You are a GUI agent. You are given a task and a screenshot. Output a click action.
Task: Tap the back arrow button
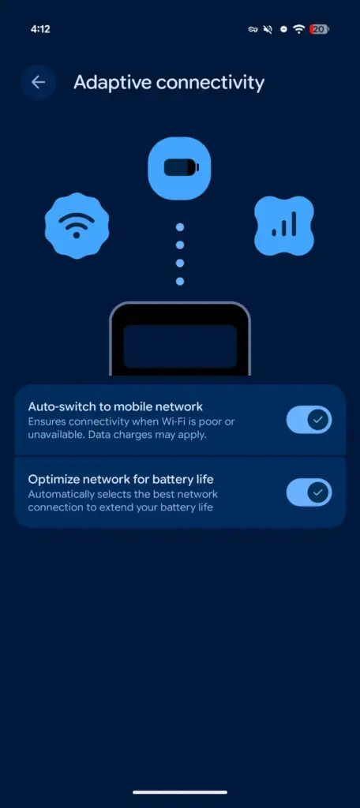point(38,82)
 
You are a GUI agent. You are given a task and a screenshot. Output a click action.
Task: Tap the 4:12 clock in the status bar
point(39,29)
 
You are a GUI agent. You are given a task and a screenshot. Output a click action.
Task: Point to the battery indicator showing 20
point(319,29)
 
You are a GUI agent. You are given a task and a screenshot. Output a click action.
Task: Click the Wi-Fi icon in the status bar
point(298,29)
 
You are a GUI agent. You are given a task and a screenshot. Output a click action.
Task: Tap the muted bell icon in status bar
point(268,29)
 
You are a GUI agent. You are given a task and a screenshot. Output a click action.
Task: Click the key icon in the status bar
point(253,29)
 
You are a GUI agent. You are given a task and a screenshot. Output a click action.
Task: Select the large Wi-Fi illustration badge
point(77,226)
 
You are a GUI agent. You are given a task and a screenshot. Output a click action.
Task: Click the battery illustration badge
point(179,168)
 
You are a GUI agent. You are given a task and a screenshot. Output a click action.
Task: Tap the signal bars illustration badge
point(284,226)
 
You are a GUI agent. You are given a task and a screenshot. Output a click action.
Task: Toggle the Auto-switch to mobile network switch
point(309,420)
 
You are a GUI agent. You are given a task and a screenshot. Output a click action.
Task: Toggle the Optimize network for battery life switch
point(309,492)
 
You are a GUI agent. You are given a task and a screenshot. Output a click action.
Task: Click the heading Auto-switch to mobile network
point(115,406)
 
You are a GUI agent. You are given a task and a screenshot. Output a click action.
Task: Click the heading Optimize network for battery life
point(121,479)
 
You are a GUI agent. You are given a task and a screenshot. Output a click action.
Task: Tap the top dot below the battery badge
point(180,226)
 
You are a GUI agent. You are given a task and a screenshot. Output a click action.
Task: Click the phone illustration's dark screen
point(180,346)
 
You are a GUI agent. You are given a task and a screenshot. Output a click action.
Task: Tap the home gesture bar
point(180,792)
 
